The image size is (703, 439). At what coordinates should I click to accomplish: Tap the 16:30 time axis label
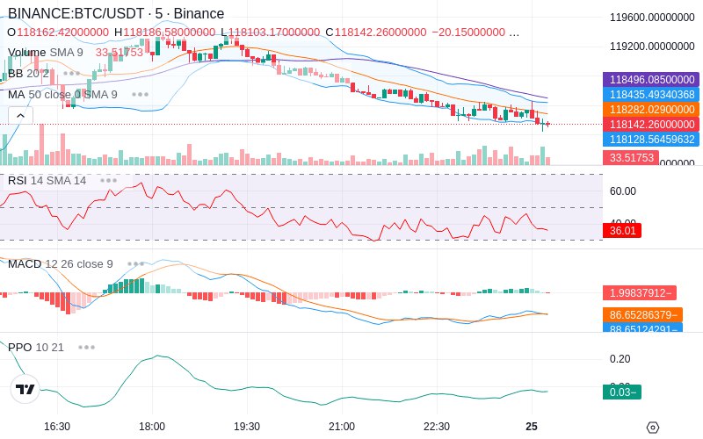tap(57, 426)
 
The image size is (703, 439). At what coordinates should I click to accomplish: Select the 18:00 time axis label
tap(152, 426)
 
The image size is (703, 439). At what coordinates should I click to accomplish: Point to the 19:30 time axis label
tap(247, 426)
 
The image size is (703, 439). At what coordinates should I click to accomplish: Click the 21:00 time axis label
tap(342, 426)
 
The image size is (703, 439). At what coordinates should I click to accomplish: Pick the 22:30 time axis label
tap(437, 426)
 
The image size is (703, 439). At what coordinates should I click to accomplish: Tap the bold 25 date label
tap(532, 426)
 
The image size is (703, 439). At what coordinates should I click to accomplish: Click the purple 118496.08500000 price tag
tap(651, 79)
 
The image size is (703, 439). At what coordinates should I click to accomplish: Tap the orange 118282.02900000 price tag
tap(651, 109)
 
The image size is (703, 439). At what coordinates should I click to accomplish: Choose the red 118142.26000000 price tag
tap(651, 124)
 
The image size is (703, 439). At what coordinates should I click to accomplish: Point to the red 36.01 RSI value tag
tap(621, 230)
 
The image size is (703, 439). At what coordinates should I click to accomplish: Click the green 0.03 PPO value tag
tap(621, 392)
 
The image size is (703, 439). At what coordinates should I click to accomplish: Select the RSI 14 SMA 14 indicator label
tap(47, 181)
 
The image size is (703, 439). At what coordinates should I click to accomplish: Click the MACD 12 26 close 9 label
tap(61, 263)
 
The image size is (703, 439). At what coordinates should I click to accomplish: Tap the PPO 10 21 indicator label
tap(36, 347)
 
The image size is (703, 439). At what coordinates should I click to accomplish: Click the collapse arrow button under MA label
tap(20, 114)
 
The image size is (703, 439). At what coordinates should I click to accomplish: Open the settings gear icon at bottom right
tap(652, 428)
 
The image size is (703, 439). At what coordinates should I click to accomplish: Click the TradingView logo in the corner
tap(25, 390)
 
